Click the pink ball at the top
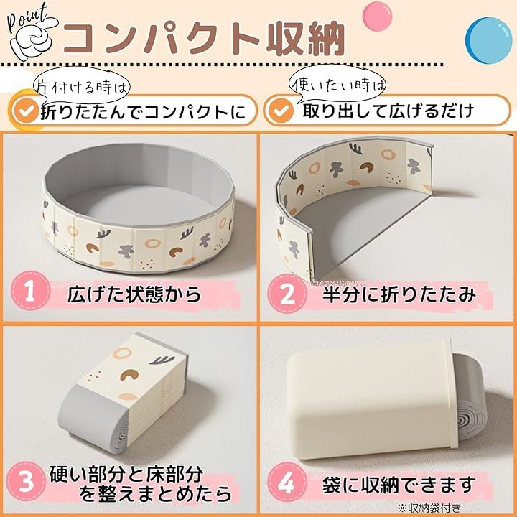coord(377,17)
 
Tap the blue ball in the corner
coord(489,40)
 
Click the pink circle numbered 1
coord(30,291)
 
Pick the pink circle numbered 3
coord(26,481)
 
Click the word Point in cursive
coord(27,18)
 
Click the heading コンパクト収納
coord(204,39)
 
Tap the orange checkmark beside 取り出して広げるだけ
coord(281,111)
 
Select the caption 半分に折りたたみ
coord(399,294)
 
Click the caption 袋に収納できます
coord(399,485)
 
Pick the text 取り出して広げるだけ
coord(388,111)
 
